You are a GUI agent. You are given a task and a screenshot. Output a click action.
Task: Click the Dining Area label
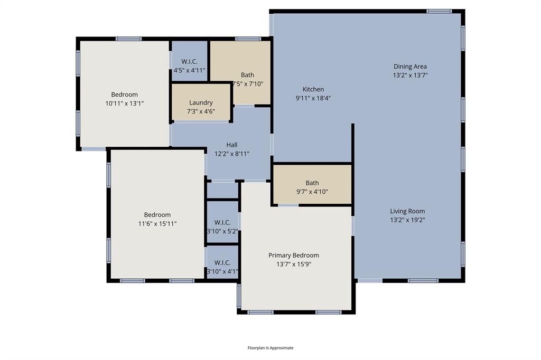point(410,67)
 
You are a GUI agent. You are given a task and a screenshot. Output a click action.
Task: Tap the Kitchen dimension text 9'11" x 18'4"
point(313,98)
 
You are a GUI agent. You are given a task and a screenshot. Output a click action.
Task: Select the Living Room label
point(407,211)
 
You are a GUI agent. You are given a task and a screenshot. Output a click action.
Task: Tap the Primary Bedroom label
point(293,255)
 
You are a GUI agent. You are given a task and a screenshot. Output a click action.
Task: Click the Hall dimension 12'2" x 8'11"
point(232,154)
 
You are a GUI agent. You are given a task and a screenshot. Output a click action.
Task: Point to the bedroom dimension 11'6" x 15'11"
point(157,223)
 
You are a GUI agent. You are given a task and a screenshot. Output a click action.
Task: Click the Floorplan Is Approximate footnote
point(270,348)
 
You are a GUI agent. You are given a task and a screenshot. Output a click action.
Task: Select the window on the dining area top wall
point(439,11)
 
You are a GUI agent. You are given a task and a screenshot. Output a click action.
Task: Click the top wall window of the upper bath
point(248,39)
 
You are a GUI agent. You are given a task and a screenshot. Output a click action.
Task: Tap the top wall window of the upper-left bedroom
point(128,39)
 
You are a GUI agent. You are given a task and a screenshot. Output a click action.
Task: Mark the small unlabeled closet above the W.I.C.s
point(222,191)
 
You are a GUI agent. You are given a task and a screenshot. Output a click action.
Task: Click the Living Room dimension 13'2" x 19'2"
point(407,220)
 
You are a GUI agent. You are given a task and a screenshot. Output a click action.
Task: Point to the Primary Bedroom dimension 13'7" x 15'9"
point(293,264)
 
